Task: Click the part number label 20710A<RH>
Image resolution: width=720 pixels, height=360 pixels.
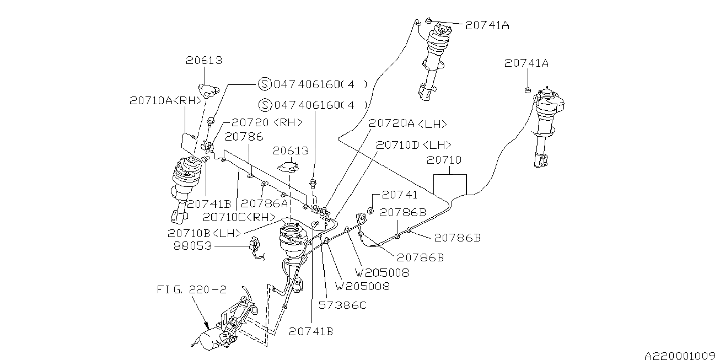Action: tap(158, 101)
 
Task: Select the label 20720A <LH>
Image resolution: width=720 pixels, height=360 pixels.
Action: tap(408, 125)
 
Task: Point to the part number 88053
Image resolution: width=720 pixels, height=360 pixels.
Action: tap(192, 246)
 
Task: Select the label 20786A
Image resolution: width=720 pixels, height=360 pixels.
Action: tap(265, 203)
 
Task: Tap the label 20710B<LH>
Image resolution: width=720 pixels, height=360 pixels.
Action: tap(205, 233)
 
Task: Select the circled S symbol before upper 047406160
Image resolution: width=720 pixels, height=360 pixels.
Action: tap(265, 84)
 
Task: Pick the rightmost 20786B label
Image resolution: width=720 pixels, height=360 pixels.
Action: tap(457, 238)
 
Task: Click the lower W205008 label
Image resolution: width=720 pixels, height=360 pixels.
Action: tap(363, 286)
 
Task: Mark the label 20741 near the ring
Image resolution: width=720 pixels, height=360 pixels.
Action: tap(400, 195)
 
